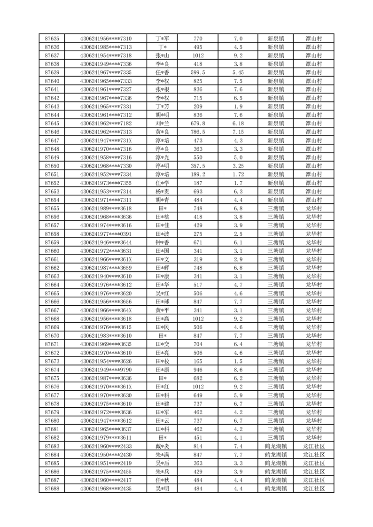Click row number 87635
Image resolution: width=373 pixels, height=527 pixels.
pos(52,39)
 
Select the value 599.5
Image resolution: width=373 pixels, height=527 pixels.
pos(198,72)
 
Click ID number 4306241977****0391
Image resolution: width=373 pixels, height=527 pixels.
pos(106,234)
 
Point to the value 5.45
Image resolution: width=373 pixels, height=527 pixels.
pos(238,72)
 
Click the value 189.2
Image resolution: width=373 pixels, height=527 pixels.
pos(198,174)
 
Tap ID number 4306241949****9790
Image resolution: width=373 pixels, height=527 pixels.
pos(106,370)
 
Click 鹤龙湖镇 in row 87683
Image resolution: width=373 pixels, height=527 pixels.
pos(276,446)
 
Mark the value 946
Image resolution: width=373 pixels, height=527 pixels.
pos(198,370)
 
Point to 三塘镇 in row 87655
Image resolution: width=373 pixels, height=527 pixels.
pos(276,209)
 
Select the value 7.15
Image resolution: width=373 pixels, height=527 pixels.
pos(238,132)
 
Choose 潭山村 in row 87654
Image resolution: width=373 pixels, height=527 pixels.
pos(313,200)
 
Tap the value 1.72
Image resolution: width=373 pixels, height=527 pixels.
pos(238,174)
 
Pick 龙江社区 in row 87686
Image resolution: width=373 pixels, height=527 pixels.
pos(313,472)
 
